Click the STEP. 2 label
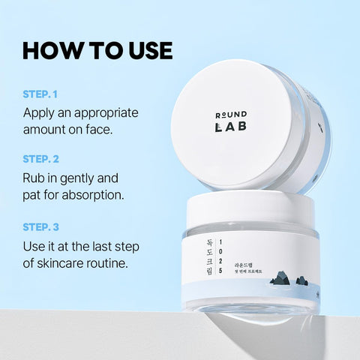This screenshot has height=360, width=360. coord(41,159)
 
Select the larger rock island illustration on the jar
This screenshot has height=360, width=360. coord(283,280)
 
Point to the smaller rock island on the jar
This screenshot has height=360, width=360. coord(301,281)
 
